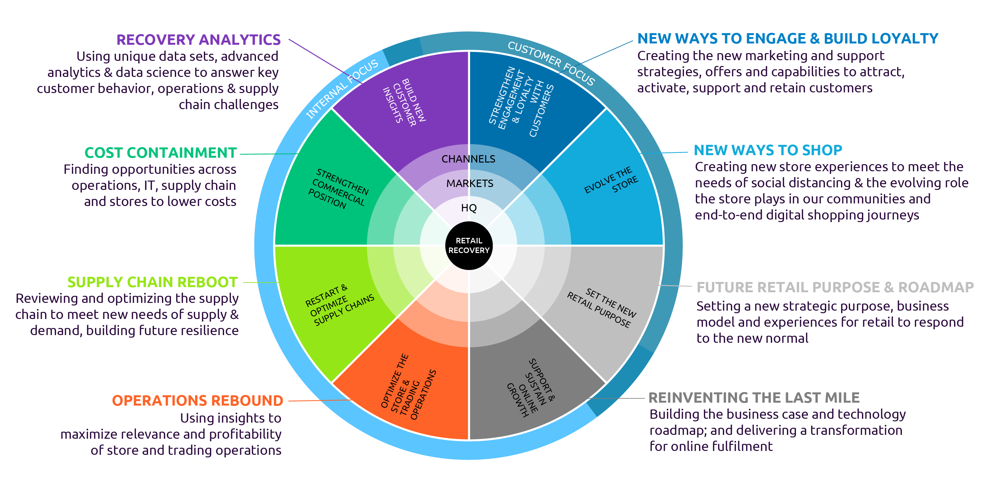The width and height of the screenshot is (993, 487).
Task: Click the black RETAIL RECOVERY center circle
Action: tap(469, 245)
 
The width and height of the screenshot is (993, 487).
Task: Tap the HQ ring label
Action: tap(469, 208)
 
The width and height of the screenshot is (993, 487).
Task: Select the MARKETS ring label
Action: tap(469, 183)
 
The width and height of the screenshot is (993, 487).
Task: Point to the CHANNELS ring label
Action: tap(468, 159)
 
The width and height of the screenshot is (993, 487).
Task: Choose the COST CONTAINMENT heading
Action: tap(160, 153)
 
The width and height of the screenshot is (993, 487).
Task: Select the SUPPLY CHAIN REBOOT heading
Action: tap(152, 282)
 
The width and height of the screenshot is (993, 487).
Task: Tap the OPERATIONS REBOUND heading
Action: tap(197, 401)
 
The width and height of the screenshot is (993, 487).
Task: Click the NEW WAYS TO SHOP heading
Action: tap(768, 150)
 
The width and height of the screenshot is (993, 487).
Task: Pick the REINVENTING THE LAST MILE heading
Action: tap(754, 398)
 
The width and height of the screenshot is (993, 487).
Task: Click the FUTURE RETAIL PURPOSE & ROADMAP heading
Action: tap(835, 287)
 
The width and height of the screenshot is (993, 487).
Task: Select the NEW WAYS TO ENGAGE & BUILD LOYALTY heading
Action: tap(788, 39)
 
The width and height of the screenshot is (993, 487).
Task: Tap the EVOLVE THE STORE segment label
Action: tap(611, 180)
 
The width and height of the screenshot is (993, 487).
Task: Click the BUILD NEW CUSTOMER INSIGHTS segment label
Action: tap(405, 102)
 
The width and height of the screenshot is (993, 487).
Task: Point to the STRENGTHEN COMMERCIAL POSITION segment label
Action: tap(338, 189)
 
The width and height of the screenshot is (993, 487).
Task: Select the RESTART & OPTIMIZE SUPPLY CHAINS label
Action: tap(339, 305)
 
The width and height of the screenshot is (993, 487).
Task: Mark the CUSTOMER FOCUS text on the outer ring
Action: tap(551, 63)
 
